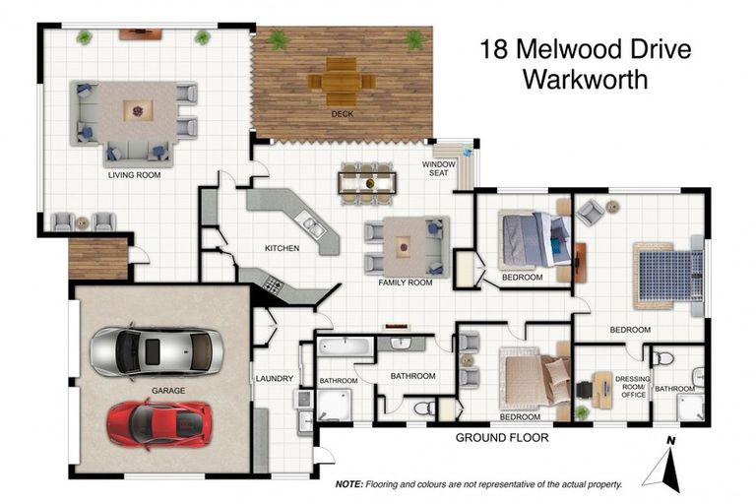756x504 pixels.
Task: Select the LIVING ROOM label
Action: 134,176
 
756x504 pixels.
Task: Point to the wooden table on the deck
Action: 341,81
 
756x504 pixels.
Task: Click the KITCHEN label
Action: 282,248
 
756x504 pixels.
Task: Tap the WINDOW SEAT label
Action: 439,168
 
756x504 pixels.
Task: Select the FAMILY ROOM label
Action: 406,283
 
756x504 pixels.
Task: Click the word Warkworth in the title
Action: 585,80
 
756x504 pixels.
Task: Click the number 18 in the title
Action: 494,49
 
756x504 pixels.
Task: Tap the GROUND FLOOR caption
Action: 501,437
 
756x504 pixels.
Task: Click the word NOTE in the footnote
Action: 348,484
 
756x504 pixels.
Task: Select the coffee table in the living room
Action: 139,111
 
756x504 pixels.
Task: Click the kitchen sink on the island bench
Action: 312,228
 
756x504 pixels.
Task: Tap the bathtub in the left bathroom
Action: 345,347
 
